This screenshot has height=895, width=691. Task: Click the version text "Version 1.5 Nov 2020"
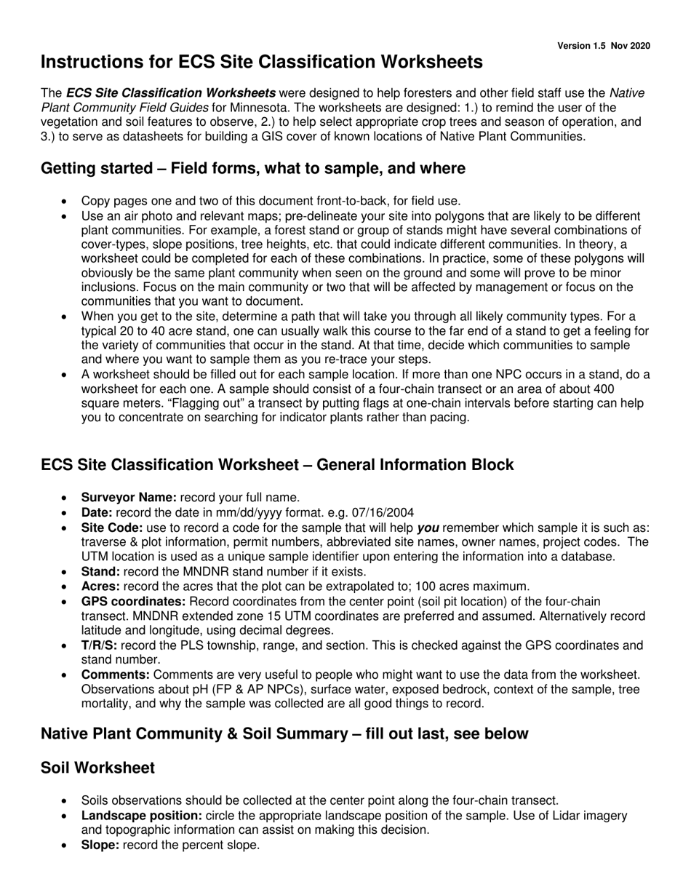pos(603,46)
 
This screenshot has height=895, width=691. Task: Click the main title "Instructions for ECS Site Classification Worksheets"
pos(261,63)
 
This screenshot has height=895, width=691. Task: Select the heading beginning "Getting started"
pos(252,169)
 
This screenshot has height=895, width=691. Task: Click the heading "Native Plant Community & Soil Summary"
pos(284,734)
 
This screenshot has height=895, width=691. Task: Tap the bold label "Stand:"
pos(100,572)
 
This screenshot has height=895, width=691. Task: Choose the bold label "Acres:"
pos(100,586)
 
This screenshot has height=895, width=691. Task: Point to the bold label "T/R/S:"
pos(99,645)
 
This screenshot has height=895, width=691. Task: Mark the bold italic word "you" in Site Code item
pos(428,528)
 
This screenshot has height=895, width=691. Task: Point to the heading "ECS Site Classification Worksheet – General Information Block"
pos(277,465)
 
